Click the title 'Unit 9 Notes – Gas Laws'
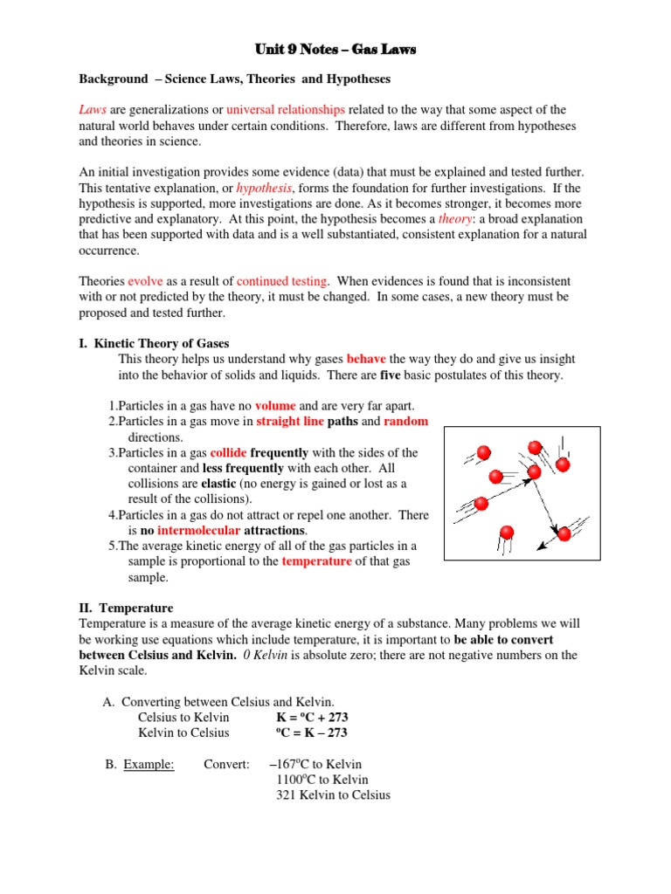point(335,50)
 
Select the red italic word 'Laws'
point(93,109)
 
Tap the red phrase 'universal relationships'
point(286,109)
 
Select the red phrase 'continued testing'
point(282,281)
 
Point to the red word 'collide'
point(229,453)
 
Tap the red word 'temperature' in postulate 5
point(316,562)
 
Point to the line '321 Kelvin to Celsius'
point(333,795)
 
